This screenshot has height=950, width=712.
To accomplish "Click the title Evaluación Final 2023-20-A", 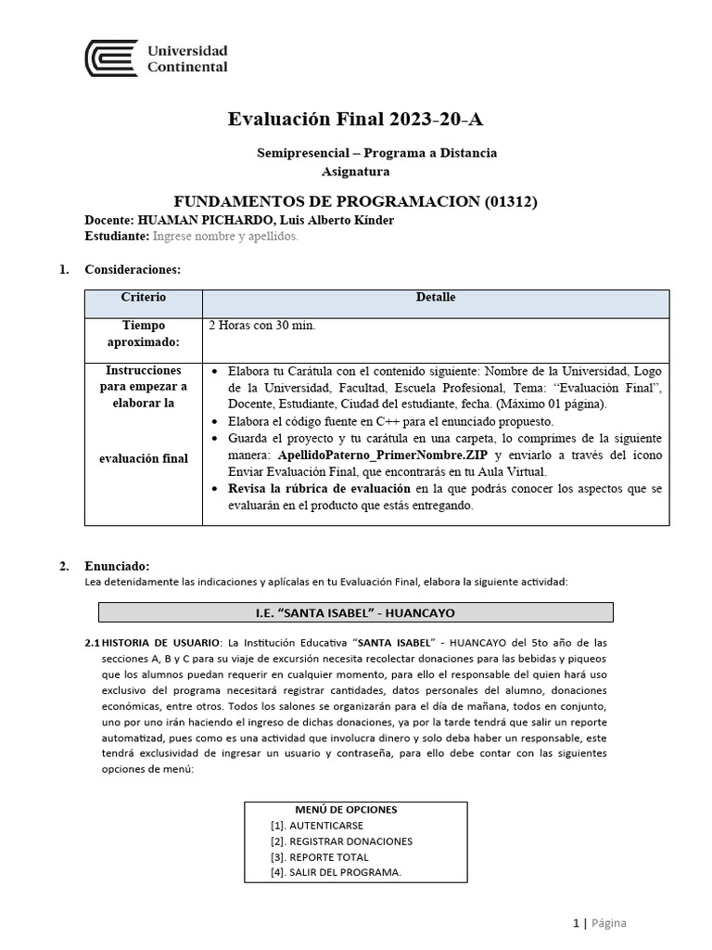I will click(356, 120).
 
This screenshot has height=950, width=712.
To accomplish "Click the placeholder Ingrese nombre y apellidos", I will click(225, 237).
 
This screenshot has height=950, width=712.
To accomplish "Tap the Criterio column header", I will click(144, 298).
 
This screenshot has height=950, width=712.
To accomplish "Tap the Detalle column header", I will click(435, 298).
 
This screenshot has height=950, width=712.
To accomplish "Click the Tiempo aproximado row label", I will click(144, 334).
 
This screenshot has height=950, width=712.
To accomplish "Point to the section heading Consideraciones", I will click(133, 270).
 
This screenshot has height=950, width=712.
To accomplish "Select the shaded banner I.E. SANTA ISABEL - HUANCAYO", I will click(356, 612).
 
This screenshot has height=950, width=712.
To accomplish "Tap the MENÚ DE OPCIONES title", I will click(347, 809).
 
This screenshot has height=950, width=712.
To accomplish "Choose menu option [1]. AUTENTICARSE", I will click(317, 825).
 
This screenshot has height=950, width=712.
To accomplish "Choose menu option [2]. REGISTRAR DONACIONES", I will click(341, 841).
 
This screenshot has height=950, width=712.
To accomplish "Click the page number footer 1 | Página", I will click(599, 922).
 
